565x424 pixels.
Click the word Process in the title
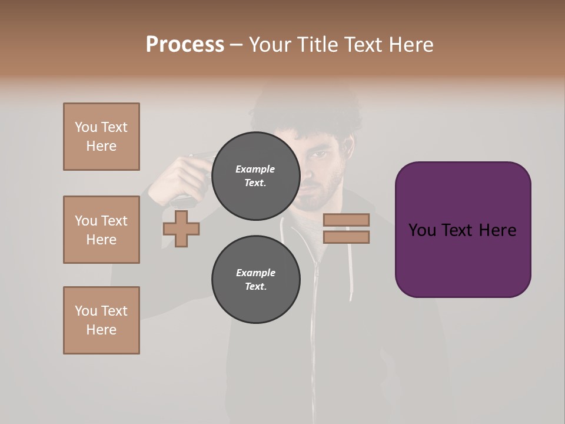[185, 45]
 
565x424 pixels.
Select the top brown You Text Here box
[101, 137]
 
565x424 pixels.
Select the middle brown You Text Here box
[101, 230]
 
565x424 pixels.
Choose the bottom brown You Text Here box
[101, 320]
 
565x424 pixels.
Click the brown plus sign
[181, 229]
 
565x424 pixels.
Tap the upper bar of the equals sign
[346, 220]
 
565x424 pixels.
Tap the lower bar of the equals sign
[346, 237]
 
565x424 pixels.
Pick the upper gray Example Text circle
[256, 176]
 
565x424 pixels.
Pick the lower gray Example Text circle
[256, 280]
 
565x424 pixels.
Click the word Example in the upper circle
[255, 169]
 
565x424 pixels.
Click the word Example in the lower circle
[255, 273]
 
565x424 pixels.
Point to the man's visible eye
[318, 155]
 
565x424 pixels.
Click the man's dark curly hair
[306, 112]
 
